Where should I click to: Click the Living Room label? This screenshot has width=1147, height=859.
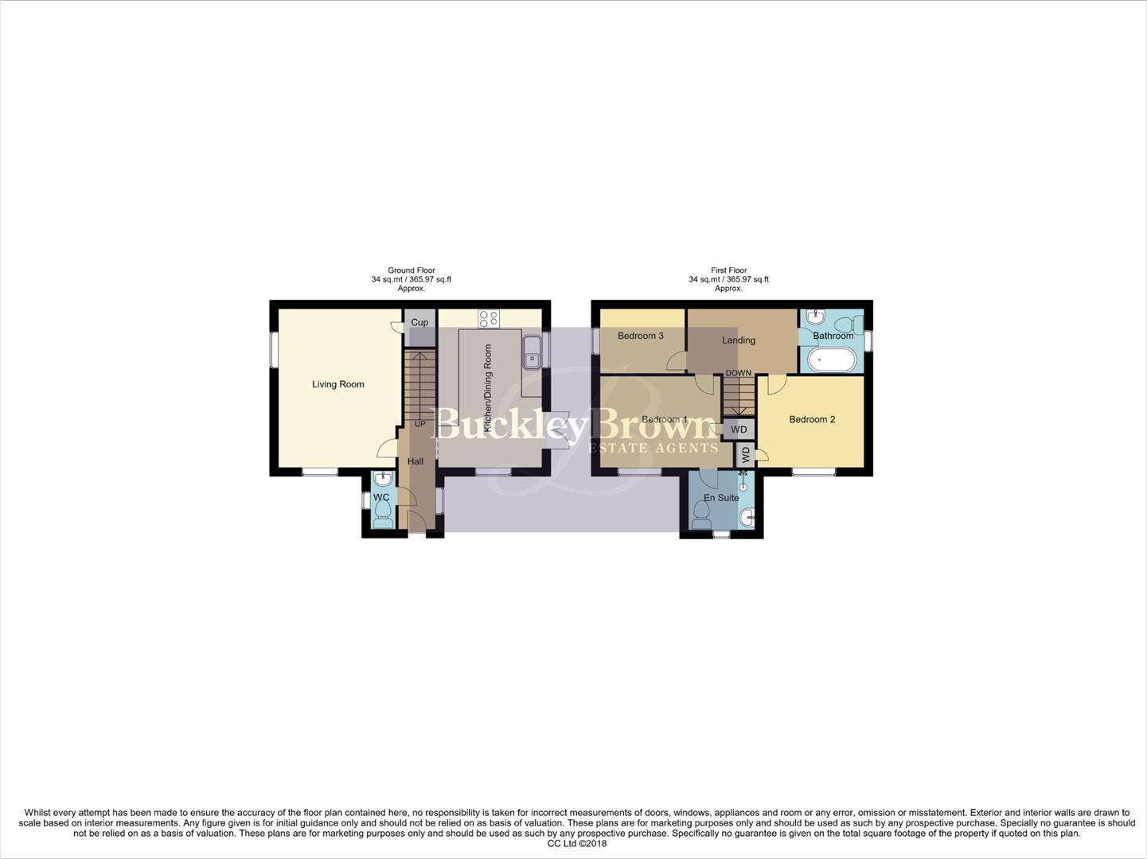click(337, 384)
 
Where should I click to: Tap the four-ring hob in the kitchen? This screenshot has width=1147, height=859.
click(489, 319)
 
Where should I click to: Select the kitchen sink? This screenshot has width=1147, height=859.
click(531, 352)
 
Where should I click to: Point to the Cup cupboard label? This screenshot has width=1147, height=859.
click(419, 322)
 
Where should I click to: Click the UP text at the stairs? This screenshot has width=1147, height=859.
click(419, 424)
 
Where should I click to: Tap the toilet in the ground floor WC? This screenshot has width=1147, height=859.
click(382, 517)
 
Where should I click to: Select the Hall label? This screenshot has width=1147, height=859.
click(415, 461)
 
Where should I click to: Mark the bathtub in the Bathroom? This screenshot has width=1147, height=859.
click(832, 360)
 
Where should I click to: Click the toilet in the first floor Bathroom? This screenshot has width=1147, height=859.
click(854, 323)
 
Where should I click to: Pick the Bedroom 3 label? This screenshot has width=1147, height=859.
click(641, 336)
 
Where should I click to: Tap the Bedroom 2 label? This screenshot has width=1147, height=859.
click(812, 419)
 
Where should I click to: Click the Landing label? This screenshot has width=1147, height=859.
click(738, 340)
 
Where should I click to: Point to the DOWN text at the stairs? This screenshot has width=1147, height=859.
click(738, 373)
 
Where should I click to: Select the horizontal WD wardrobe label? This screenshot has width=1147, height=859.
click(739, 429)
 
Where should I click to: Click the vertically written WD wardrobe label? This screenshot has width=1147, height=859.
click(746, 455)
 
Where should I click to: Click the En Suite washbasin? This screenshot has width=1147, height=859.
click(747, 519)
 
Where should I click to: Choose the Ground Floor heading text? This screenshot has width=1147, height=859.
click(412, 270)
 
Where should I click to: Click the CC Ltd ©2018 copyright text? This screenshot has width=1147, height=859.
click(577, 844)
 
